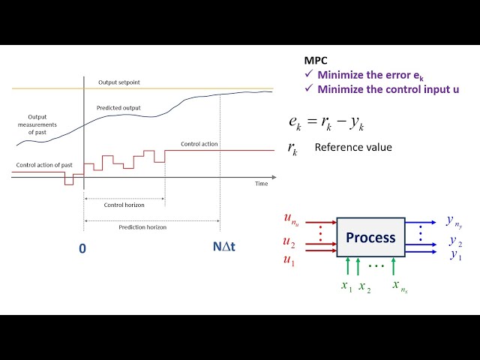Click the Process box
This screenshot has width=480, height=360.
click(x=370, y=238)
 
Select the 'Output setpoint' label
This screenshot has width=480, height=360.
click(x=118, y=82)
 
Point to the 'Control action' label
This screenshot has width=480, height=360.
click(x=198, y=144)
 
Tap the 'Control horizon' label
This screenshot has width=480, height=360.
click(x=124, y=204)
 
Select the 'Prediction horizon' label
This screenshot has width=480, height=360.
click(x=142, y=226)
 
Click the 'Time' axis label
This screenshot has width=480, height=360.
click(x=261, y=184)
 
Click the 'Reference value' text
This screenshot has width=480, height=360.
click(x=352, y=148)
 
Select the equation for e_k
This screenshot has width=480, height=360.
click(x=337, y=122)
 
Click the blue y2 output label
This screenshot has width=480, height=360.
click(x=455, y=241)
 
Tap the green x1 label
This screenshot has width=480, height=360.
click(x=346, y=286)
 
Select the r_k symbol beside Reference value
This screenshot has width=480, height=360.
click(x=292, y=148)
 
